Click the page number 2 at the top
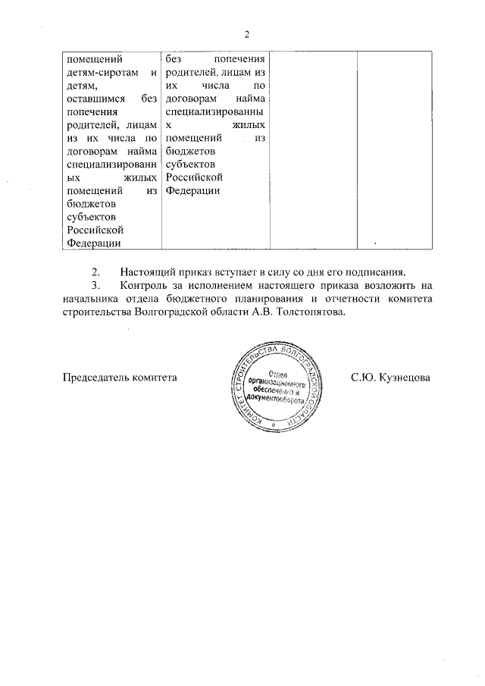pyautogui.click(x=247, y=33)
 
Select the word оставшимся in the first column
pyautogui.click(x=95, y=99)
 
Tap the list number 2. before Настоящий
pyautogui.click(x=95, y=272)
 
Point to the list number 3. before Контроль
pyautogui.click(x=95, y=286)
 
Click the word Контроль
pyautogui.click(x=142, y=286)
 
